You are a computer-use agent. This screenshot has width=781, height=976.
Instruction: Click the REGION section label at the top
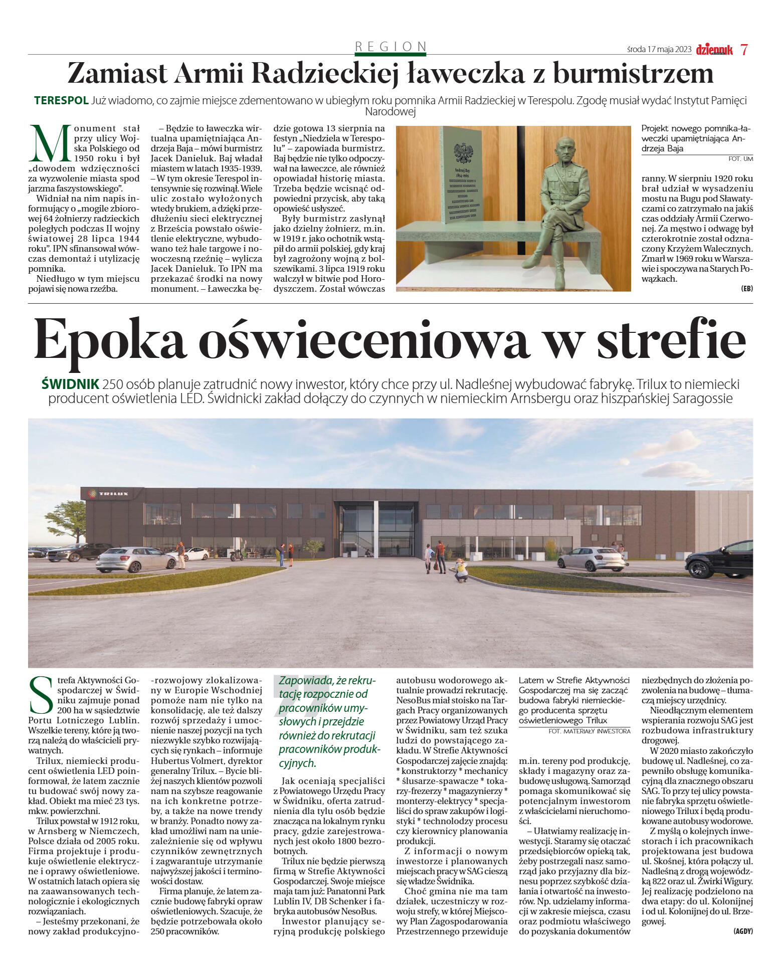[390, 47]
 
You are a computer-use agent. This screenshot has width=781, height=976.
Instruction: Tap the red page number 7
[744, 50]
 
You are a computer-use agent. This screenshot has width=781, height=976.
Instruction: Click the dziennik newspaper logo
[714, 50]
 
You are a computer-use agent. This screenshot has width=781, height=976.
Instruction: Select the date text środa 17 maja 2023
[659, 50]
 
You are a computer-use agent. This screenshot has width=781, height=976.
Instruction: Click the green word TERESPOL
[61, 100]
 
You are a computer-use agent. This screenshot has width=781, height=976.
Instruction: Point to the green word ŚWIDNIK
[70, 384]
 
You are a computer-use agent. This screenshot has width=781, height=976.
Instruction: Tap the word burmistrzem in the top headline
[633, 73]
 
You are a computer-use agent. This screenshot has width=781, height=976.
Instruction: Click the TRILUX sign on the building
[108, 494]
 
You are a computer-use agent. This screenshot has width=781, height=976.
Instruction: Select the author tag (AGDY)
[742, 931]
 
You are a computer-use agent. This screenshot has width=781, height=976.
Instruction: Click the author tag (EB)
[746, 288]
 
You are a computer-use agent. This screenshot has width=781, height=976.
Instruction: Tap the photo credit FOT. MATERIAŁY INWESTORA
[589, 731]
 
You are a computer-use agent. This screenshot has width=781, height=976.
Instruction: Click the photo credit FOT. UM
[740, 159]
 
